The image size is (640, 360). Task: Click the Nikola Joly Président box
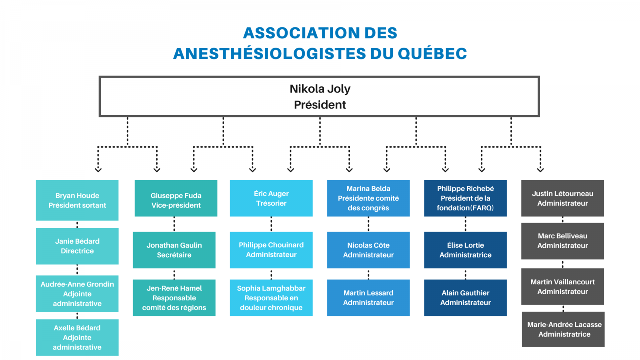click(x=319, y=96)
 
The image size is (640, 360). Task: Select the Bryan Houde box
click(x=77, y=200)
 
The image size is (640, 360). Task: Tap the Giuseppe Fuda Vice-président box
click(x=176, y=198)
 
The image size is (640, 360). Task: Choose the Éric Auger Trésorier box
click(x=271, y=198)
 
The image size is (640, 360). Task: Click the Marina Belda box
click(x=368, y=198)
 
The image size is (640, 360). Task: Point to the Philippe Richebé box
click(x=466, y=198)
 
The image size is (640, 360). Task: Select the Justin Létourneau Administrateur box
click(x=562, y=198)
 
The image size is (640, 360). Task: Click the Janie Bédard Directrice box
click(x=77, y=246)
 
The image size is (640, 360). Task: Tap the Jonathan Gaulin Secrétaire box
click(x=174, y=250)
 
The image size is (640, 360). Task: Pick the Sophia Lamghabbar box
click(x=271, y=298)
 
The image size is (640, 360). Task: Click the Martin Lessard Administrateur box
click(x=368, y=298)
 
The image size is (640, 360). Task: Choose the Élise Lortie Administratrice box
click(x=466, y=250)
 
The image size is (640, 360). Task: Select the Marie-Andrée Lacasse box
click(x=563, y=330)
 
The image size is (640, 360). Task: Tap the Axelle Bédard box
click(x=77, y=338)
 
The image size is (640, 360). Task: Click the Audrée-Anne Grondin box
click(x=77, y=294)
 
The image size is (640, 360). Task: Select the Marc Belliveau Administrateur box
click(x=562, y=241)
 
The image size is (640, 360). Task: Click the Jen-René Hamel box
click(x=174, y=298)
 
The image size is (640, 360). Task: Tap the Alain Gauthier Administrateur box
click(x=466, y=298)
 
